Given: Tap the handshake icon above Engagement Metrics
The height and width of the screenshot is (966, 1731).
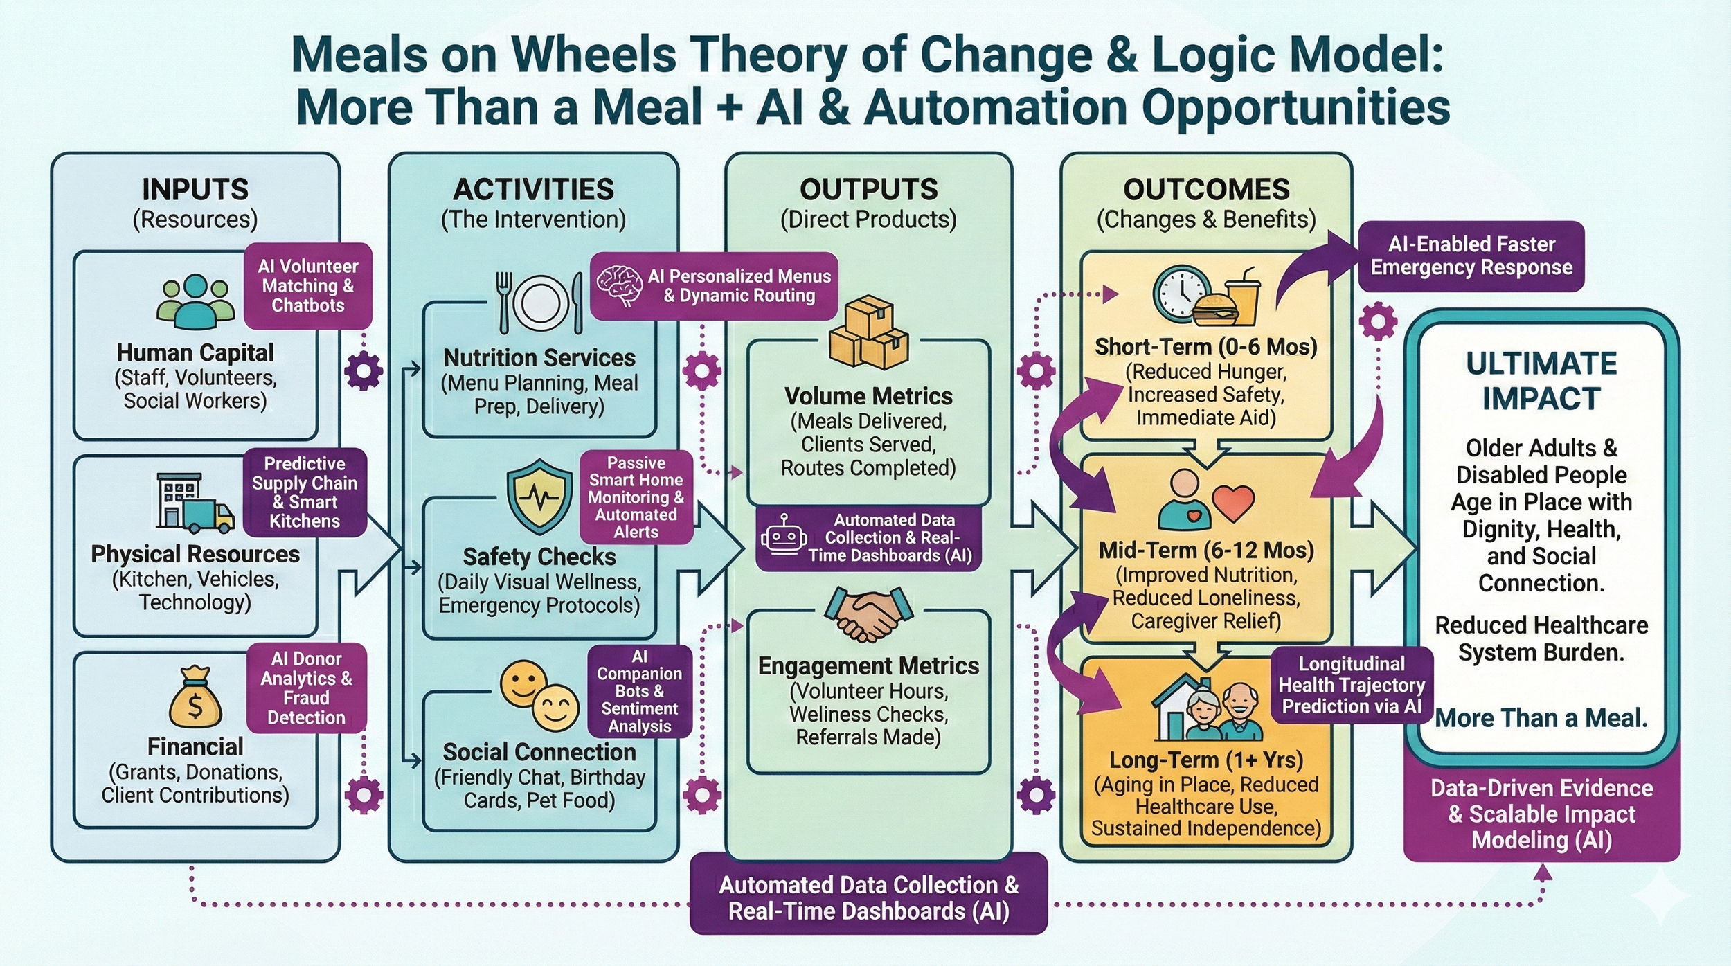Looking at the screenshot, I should pyautogui.click(x=868, y=612).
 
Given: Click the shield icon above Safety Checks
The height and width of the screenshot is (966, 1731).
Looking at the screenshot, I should pyautogui.click(x=539, y=496).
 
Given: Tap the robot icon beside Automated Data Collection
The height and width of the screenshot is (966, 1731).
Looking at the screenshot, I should pyautogui.click(x=783, y=537).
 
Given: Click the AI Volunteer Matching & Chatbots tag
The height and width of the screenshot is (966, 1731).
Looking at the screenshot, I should pyautogui.click(x=308, y=285).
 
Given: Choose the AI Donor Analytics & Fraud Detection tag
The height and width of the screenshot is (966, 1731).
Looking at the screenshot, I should pyautogui.click(x=306, y=688).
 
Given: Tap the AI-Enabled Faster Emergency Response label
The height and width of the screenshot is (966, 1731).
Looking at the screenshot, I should pyautogui.click(x=1471, y=256).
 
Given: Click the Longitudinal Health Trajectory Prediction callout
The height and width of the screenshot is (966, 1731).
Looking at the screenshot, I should pyautogui.click(x=1352, y=685).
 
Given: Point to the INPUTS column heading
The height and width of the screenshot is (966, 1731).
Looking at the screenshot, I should pyautogui.click(x=195, y=189).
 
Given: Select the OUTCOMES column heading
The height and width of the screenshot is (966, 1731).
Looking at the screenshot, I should pyautogui.click(x=1206, y=189).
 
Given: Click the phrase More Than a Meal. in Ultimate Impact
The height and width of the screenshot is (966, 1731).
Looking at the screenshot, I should pyautogui.click(x=1541, y=717).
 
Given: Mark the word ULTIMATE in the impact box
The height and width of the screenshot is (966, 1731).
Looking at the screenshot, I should pyautogui.click(x=1541, y=364).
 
